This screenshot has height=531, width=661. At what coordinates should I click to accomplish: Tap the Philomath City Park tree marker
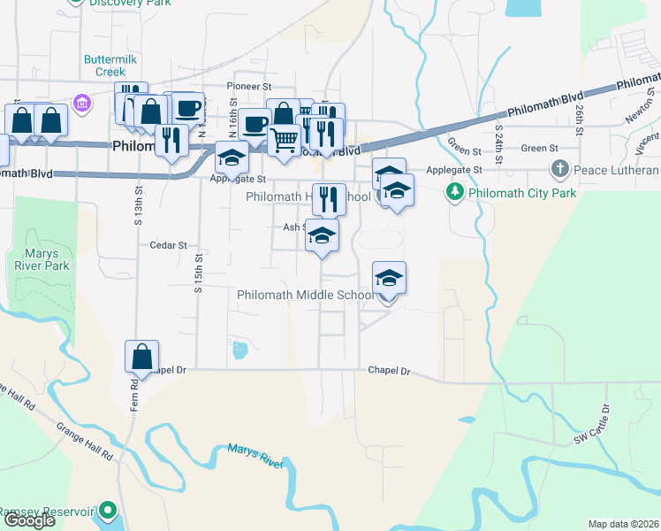point(455,192)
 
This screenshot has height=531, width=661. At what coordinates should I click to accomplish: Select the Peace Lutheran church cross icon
point(559,169)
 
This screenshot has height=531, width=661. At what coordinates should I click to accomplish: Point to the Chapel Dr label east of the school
point(390,371)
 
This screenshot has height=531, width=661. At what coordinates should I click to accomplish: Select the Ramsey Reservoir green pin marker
point(108,511)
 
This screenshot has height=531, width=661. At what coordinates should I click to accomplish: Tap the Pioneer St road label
point(248,87)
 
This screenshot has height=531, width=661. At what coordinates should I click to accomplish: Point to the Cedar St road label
point(168,245)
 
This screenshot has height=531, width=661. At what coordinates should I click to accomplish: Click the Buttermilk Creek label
point(105,65)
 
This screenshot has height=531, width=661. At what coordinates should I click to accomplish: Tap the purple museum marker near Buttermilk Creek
point(82,104)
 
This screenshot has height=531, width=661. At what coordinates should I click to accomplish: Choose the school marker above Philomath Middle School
point(389,279)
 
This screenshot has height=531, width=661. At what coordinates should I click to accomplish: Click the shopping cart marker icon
point(284,139)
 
